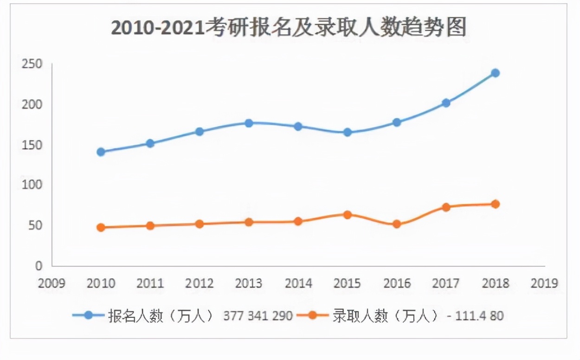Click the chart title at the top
(x=289, y=28)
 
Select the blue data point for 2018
(x=495, y=73)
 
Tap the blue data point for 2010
(x=101, y=152)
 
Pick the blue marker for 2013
(x=249, y=123)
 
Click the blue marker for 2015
(x=347, y=132)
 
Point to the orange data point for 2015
(x=347, y=214)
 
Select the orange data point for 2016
(x=397, y=224)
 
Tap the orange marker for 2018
(x=495, y=204)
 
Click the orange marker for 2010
(x=101, y=227)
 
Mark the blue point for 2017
(x=446, y=103)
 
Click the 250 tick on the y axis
(x=32, y=64)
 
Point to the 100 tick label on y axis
(x=32, y=185)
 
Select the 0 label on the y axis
(x=39, y=266)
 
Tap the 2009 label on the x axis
(x=52, y=283)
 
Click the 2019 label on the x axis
(x=544, y=283)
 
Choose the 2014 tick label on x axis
(x=298, y=283)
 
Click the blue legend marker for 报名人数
(x=88, y=315)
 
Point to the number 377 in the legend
(x=233, y=316)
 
